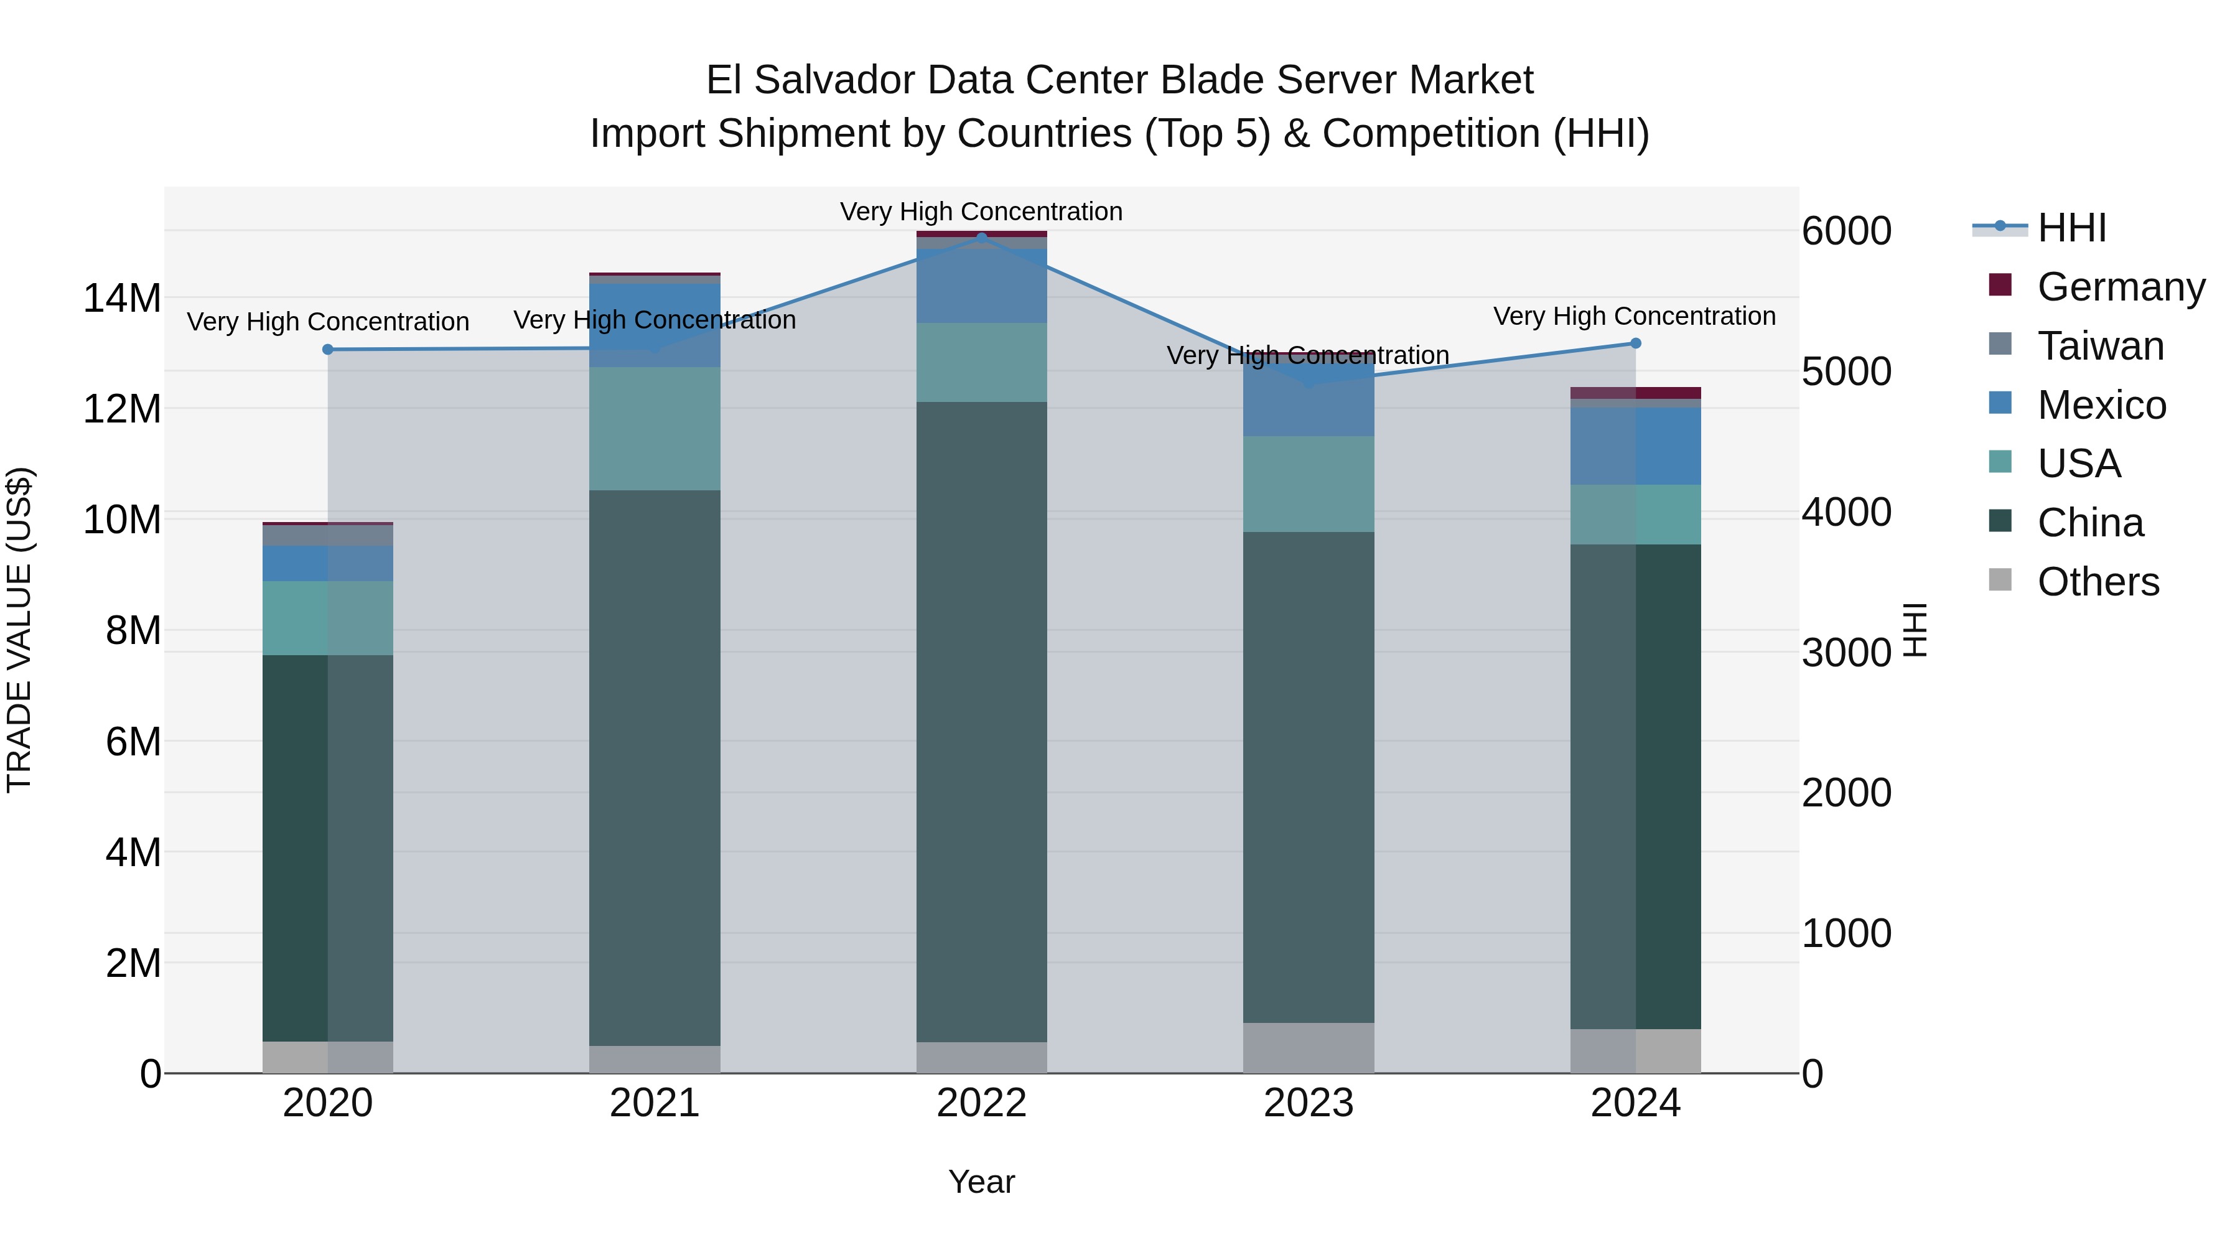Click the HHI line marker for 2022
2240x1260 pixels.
coord(982,238)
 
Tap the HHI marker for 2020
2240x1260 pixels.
coord(328,350)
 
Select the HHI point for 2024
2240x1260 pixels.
coord(1635,343)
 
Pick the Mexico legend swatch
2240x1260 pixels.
coord(2000,403)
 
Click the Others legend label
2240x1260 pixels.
coord(2098,582)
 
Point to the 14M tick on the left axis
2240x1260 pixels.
coord(122,298)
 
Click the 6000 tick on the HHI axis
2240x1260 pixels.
coord(1846,231)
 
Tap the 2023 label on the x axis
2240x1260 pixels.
coord(1308,1103)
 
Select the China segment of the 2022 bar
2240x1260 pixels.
coord(982,722)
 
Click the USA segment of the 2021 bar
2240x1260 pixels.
coord(655,429)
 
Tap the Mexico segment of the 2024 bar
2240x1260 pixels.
coord(1635,446)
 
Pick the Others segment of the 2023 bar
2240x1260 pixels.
coord(1308,1048)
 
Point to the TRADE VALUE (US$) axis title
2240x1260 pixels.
coord(19,630)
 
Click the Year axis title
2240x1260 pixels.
coord(981,1182)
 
